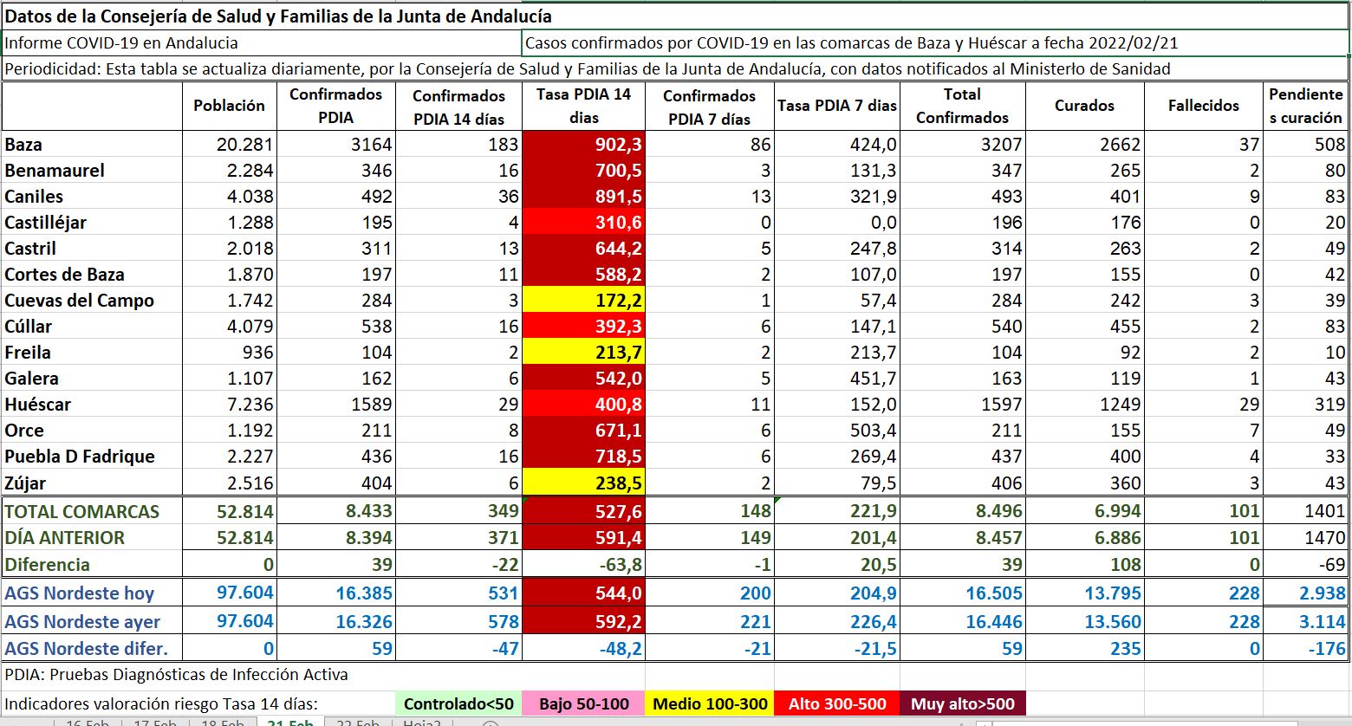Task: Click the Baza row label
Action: (24, 145)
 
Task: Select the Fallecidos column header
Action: (1203, 106)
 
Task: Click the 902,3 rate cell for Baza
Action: (583, 145)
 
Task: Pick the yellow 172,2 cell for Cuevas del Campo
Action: (583, 301)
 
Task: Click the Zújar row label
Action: (26, 483)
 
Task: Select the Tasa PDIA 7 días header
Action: (837, 106)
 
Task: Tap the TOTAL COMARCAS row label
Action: (82, 511)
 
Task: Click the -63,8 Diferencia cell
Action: (583, 565)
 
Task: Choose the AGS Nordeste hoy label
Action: (80, 593)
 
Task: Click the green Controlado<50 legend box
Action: (458, 703)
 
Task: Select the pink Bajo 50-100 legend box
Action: (583, 703)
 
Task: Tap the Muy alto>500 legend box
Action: (962, 703)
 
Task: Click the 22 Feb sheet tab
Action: (356, 722)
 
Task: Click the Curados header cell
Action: (1084, 106)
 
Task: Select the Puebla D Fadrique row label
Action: (80, 457)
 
